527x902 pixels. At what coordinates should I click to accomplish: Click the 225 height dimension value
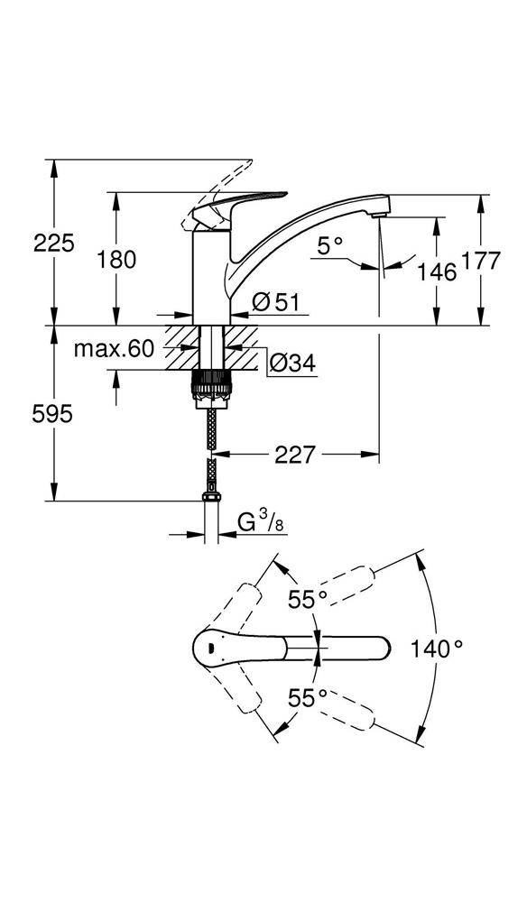(53, 242)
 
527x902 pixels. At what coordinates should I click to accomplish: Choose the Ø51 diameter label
(275, 302)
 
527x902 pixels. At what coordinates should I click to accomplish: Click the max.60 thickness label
(115, 348)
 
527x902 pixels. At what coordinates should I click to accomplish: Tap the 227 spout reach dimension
(296, 456)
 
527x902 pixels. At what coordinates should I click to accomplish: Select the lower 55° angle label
(308, 696)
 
